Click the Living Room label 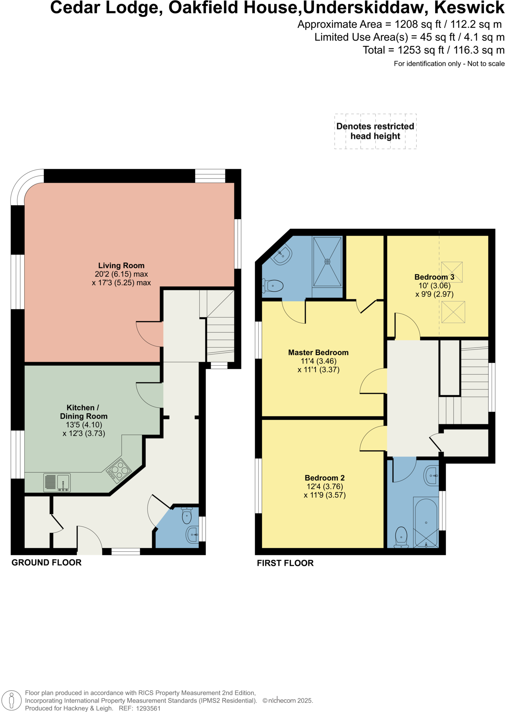121,266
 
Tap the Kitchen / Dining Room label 83,412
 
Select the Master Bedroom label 318,352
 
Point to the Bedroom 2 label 324,478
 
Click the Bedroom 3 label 434,277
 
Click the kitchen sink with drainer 57,482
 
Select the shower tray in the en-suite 327,262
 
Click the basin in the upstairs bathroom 431,476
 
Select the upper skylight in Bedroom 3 452,272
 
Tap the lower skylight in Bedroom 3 453,312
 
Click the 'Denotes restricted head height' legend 375,131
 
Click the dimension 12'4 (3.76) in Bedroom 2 324,486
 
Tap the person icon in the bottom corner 12,700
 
